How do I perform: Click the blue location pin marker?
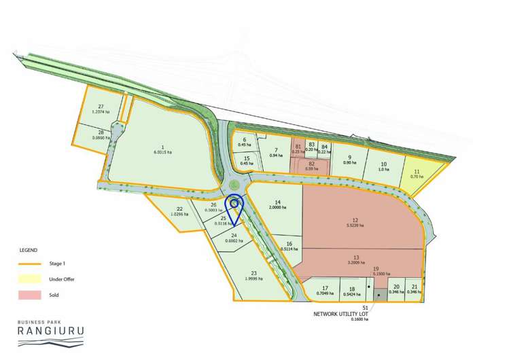234,204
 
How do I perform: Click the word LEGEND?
28,251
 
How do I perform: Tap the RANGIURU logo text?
50,332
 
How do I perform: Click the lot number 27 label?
101,107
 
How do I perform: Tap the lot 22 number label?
180,209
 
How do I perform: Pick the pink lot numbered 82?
311,164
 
